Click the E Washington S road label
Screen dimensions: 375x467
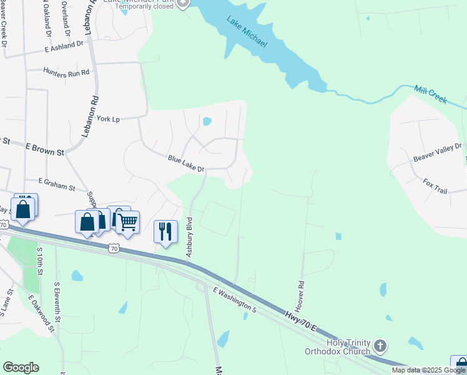(x=235, y=300)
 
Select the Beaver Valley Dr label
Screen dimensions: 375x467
(x=437, y=153)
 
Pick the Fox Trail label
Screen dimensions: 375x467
(x=435, y=186)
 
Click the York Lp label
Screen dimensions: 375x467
(x=108, y=119)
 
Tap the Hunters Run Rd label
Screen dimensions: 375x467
(x=66, y=72)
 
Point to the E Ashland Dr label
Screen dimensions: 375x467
(x=64, y=46)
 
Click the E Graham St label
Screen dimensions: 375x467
(x=56, y=184)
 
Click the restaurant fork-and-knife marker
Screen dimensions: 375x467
(x=165, y=231)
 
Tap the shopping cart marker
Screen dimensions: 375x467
(x=127, y=222)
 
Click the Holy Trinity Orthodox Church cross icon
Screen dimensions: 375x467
(x=380, y=346)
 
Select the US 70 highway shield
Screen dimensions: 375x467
(x=113, y=248)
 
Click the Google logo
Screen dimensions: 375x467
(x=21, y=367)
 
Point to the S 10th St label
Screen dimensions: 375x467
(x=39, y=261)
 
